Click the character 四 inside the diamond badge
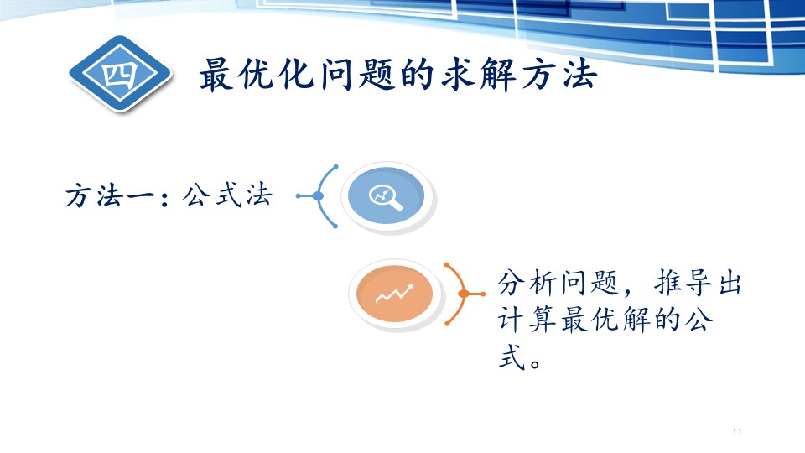(120, 75)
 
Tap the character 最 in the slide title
(217, 75)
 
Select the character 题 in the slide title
(377, 75)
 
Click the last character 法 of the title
(579, 75)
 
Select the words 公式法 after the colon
(227, 195)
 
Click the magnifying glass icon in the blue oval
(386, 197)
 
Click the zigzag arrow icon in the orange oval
(394, 294)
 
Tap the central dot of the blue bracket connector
(318, 195)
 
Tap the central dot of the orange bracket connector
(463, 294)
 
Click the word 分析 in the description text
(526, 283)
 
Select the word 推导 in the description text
(683, 283)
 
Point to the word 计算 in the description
(526, 320)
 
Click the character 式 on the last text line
(512, 357)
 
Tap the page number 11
(737, 432)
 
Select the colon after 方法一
(164, 198)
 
